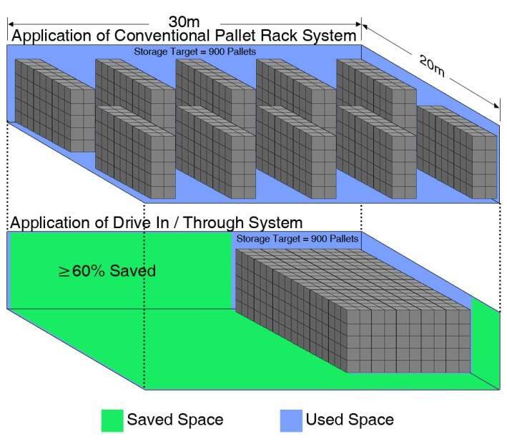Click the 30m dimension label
pyautogui.click(x=184, y=22)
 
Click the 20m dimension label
pyautogui.click(x=432, y=66)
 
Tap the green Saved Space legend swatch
pyautogui.click(x=112, y=420)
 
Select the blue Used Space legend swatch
pyautogui.click(x=291, y=420)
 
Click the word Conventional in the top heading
pyautogui.click(x=162, y=36)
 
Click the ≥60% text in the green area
pyautogui.click(x=82, y=271)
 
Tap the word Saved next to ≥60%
pyautogui.click(x=132, y=271)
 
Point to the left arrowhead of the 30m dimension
pyautogui.click(x=10, y=24)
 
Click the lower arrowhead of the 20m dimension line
pyautogui.click(x=497, y=106)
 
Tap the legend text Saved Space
pyautogui.click(x=175, y=420)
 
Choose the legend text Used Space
pyautogui.click(x=350, y=420)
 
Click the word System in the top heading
pyautogui.click(x=329, y=36)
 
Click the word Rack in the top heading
pyautogui.click(x=280, y=36)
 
